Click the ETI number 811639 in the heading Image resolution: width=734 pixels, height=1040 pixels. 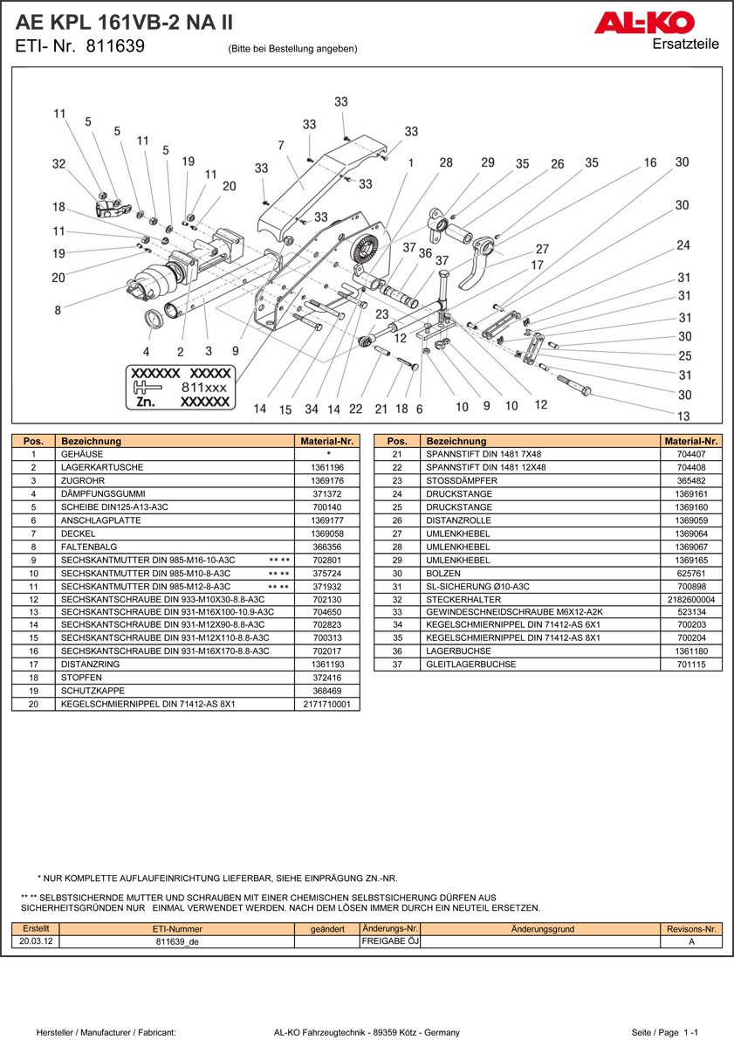pyautogui.click(x=115, y=47)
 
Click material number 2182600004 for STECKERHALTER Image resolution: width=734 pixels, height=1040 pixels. pyautogui.click(x=689, y=600)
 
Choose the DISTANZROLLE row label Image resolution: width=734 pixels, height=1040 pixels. pyautogui.click(x=458, y=520)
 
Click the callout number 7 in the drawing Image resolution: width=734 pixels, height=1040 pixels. pyautogui.click(x=281, y=145)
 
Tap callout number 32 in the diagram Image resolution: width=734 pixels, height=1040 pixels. pyautogui.click(x=58, y=164)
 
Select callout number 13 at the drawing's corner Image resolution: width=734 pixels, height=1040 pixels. pyautogui.click(x=683, y=417)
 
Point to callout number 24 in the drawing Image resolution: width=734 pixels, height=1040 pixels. pyautogui.click(x=683, y=245)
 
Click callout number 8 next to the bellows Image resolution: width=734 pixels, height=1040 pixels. pyautogui.click(x=58, y=310)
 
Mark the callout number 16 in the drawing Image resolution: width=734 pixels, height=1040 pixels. pyautogui.click(x=650, y=163)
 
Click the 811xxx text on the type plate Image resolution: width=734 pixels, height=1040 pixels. pyautogui.click(x=203, y=386)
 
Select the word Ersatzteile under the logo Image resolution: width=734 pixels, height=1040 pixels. pyautogui.click(x=686, y=45)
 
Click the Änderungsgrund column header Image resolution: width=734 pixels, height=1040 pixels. pyautogui.click(x=542, y=929)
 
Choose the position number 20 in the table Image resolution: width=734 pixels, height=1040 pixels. pyautogui.click(x=32, y=704)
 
